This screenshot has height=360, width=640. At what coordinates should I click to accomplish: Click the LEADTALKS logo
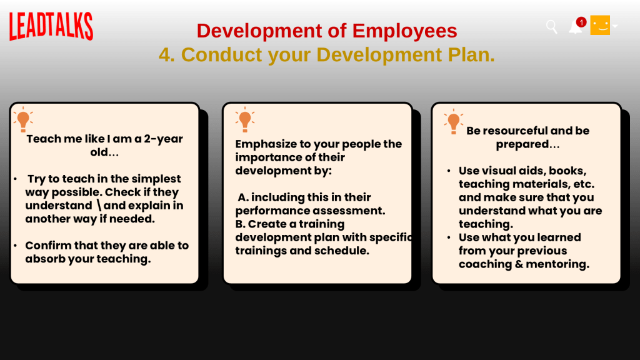coord(51,26)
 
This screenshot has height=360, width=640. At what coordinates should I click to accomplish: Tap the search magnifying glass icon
coord(551,27)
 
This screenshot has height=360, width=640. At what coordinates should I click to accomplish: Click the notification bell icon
coord(575,27)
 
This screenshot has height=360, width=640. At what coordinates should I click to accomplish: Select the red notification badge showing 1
coord(581,22)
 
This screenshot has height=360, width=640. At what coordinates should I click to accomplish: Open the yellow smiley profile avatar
coord(600,25)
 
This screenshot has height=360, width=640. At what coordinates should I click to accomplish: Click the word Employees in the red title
coord(404,31)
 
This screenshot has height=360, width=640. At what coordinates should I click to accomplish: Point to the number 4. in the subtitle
coord(166,55)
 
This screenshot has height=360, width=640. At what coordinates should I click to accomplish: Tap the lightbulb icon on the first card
coord(23,119)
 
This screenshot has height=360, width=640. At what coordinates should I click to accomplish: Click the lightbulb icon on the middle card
coord(245,119)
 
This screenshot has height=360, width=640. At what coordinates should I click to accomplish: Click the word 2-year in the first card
coord(163,139)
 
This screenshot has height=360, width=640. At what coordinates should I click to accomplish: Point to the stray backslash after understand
coord(99,205)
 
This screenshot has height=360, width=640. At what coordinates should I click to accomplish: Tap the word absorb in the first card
coord(45,259)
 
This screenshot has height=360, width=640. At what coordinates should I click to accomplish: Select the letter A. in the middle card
coord(243,197)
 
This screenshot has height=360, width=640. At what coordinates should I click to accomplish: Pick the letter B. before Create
coord(240,224)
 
